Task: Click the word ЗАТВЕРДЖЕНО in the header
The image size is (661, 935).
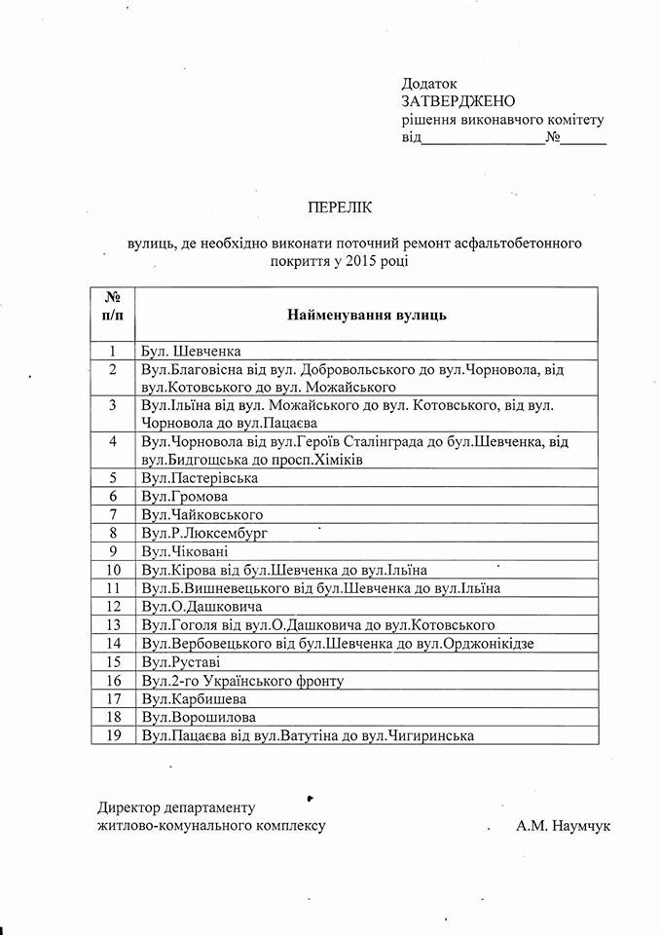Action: [x=458, y=101]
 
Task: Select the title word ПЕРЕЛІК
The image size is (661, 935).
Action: [x=340, y=206]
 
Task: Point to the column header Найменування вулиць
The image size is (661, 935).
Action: [x=366, y=315]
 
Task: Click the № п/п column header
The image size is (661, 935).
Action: [x=112, y=306]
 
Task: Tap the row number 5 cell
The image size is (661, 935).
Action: [x=113, y=477]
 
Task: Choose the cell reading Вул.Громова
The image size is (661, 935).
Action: [x=184, y=497]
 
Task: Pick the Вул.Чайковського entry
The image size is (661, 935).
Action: [x=202, y=514]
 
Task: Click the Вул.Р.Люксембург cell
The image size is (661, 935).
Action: [x=203, y=533]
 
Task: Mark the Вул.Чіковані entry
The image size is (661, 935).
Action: [x=186, y=551]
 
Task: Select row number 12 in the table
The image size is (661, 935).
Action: [x=113, y=607]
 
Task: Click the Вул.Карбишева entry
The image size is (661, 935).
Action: [x=193, y=699]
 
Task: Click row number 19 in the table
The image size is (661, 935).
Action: [x=113, y=736]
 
